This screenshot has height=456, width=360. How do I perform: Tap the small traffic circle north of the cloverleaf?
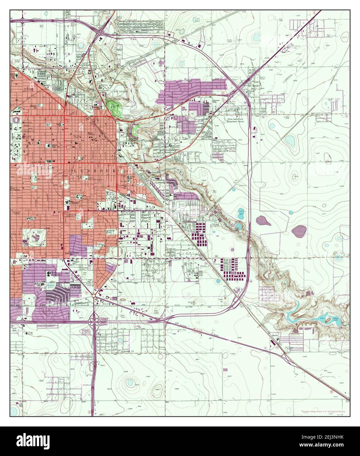click(x=94, y=296)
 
